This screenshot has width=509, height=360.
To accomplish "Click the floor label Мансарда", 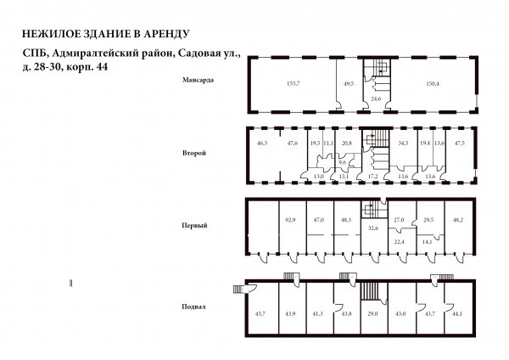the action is pos(198,80).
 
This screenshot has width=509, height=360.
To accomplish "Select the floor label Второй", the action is pos(194,153).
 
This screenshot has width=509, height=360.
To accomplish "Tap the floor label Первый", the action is pos(194,226).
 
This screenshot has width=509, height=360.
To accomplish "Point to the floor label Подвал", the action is pos(193,307).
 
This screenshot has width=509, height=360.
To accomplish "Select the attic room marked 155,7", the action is pos(293,83).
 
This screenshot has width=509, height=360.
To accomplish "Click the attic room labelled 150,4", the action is pos(433,83).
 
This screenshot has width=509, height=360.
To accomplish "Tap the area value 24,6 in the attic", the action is pos(376,98).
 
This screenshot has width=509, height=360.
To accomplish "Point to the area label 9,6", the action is pos(342,162).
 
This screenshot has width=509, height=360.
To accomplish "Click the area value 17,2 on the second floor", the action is pos(373,177).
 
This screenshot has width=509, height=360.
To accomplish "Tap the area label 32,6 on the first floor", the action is pos(373,228).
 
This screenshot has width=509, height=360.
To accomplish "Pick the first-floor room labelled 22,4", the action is pos(399,241).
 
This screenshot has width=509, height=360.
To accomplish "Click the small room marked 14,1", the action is pos(427,241).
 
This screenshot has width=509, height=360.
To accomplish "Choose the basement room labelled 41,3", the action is pos(317,314).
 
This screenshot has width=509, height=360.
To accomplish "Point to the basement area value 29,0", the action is pos(372,314).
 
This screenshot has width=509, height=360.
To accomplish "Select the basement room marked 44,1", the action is pos(457,314).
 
